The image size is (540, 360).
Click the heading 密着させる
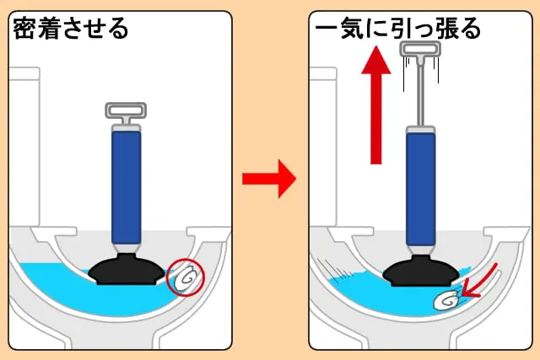(71, 28)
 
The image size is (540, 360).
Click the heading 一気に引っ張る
(397, 28)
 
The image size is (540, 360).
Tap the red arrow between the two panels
(269, 179)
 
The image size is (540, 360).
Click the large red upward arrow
(376, 105)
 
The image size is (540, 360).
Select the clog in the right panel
(446, 301)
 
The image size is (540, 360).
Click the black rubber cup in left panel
(127, 269)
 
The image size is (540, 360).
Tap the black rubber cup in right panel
(422, 271)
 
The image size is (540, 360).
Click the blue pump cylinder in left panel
(127, 187)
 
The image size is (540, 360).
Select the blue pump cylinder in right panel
(421, 190)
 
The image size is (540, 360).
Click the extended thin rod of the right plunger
(420, 95)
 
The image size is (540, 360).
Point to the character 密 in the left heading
(24, 28)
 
